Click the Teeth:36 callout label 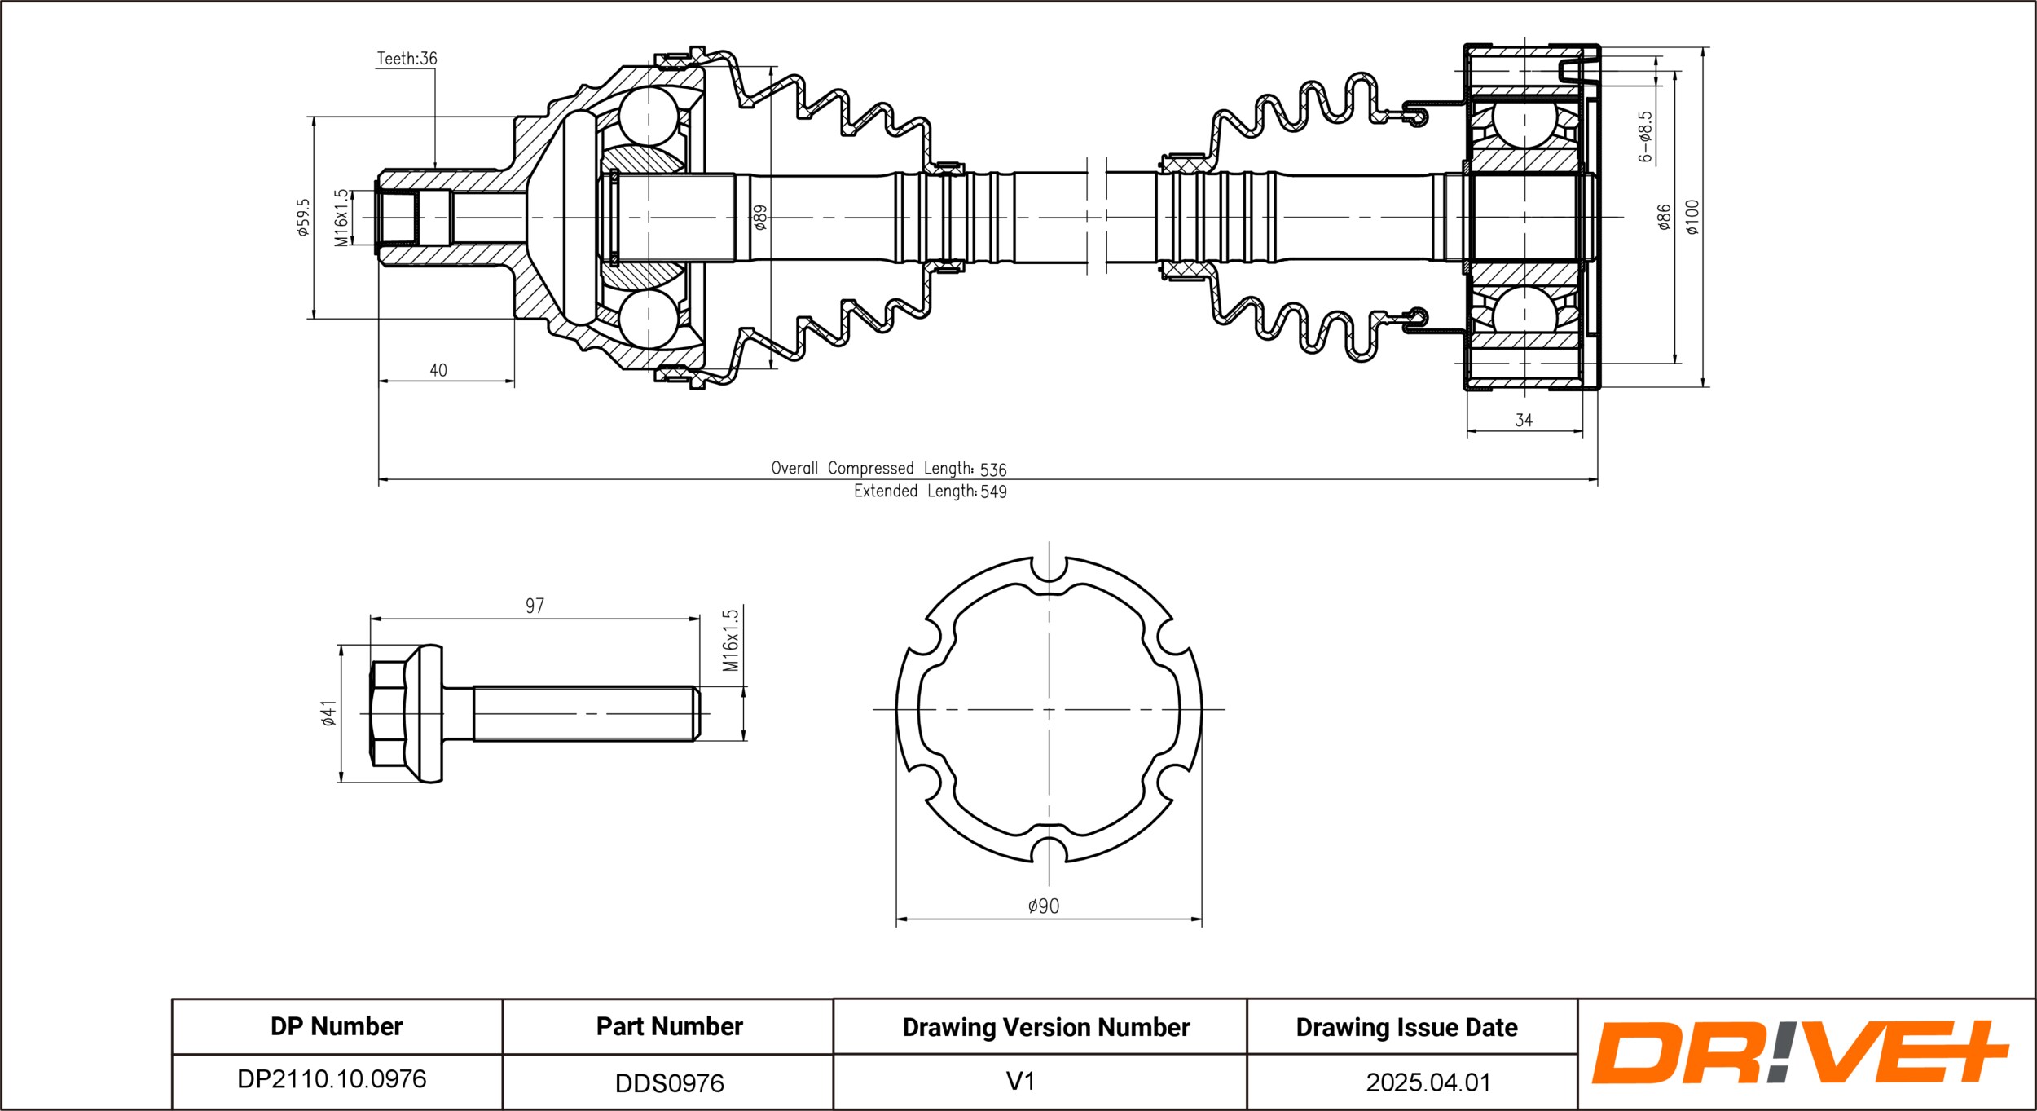click(407, 59)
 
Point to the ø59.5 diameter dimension click(304, 217)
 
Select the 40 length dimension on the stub click(438, 370)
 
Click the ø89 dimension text click(760, 217)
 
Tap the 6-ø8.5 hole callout click(1645, 137)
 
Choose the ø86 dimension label click(1664, 217)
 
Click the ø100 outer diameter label click(1693, 217)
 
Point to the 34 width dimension click(1524, 421)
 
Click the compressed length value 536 click(993, 470)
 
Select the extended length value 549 click(993, 492)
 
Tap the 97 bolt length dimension click(535, 606)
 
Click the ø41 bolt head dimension click(328, 712)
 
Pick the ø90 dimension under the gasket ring click(1044, 906)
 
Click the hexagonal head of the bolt click(389, 713)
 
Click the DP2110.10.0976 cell click(332, 1079)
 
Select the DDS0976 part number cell click(669, 1083)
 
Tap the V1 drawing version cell click(1020, 1082)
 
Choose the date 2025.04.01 click(1428, 1082)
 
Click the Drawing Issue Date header click(1406, 1027)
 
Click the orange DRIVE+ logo click(1798, 1053)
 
